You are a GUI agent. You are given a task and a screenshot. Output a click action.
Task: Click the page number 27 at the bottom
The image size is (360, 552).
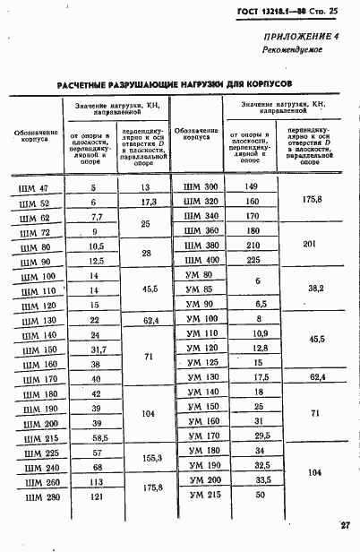pyautogui.click(x=344, y=525)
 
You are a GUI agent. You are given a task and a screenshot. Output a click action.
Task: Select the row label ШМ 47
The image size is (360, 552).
pyautogui.click(x=34, y=188)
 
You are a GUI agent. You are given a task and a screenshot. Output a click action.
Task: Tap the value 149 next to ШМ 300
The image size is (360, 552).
pyautogui.click(x=252, y=186)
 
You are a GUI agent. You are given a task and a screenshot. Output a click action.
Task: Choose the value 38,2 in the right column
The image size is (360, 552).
pyautogui.click(x=315, y=289)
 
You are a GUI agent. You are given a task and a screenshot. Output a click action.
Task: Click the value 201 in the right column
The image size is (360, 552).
pyautogui.click(x=311, y=245)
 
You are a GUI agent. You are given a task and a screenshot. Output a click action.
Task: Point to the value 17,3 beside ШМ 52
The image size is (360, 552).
pyautogui.click(x=149, y=203)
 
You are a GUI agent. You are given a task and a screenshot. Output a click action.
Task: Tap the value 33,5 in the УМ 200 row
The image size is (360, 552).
pyautogui.click(x=261, y=479)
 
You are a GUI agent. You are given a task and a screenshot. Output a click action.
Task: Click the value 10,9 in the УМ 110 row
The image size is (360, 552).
pyautogui.click(x=260, y=332)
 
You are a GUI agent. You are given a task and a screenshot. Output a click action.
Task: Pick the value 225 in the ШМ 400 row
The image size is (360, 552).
pyautogui.click(x=253, y=260)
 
